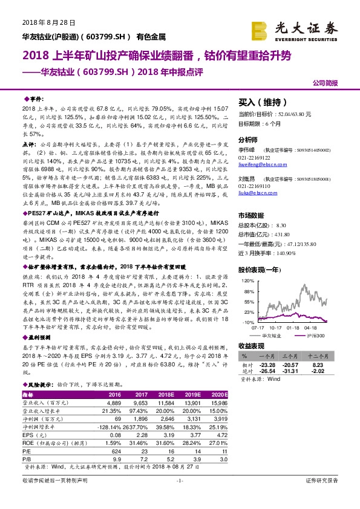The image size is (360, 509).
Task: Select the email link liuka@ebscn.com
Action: click(x=254, y=193)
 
